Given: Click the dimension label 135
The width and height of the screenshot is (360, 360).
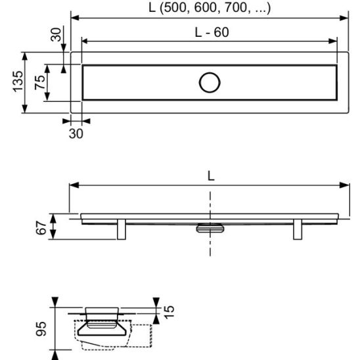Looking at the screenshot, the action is click(18, 81).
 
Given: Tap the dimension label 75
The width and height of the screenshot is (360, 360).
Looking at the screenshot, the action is click(39, 82).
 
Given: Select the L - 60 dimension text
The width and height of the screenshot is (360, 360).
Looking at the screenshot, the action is click(212, 32).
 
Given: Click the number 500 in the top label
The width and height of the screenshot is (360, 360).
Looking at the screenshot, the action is click(175, 8).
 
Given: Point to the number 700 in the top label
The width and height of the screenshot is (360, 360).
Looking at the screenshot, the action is click(236, 8).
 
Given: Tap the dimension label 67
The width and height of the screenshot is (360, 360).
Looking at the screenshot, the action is click(41, 228).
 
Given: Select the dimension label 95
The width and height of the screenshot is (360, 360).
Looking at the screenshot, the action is click(41, 329).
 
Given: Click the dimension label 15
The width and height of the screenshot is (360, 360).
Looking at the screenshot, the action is click(169, 312).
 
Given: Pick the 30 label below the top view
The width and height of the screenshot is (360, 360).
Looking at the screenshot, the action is click(76, 133).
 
